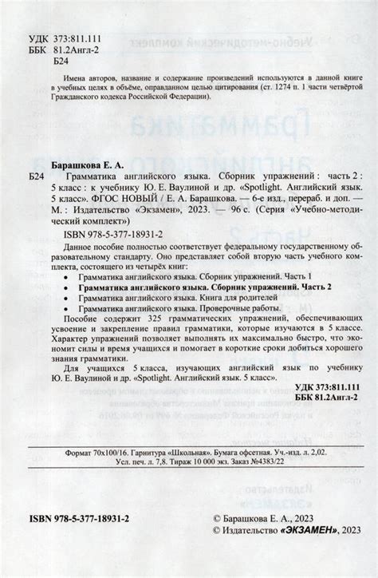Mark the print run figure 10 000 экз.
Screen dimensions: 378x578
pos(215,485)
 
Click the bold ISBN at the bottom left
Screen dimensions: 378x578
pos(85,520)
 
